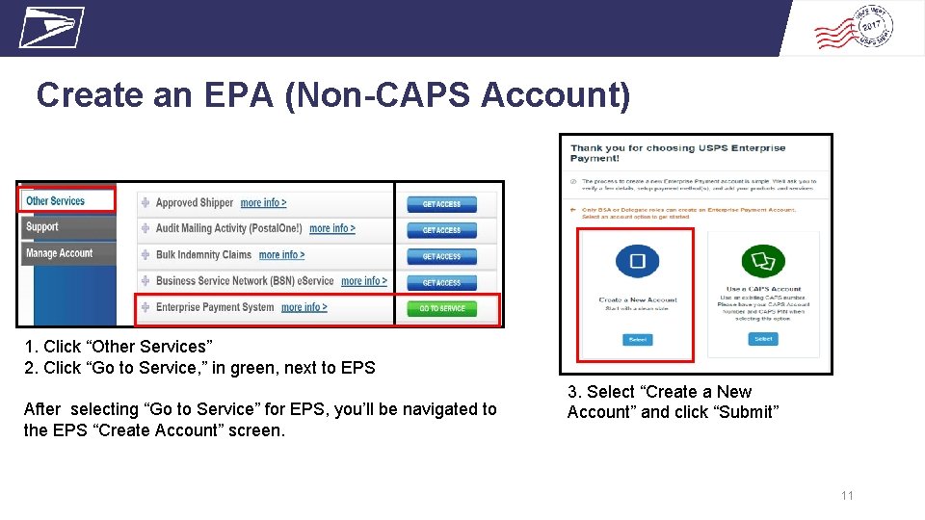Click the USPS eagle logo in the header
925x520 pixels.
51,27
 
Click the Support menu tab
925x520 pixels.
42,227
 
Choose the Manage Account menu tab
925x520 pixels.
60,253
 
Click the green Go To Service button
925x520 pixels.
442,309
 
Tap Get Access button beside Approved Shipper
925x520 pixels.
441,204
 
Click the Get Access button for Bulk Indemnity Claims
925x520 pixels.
441,257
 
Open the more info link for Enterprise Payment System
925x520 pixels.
304,307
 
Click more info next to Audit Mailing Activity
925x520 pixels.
331,229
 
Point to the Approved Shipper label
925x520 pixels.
195,203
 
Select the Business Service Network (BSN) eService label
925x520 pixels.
245,281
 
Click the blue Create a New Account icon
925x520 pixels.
637,261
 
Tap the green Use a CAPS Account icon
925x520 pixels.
763,261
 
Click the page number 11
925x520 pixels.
847,496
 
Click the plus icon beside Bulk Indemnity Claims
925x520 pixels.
145,255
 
